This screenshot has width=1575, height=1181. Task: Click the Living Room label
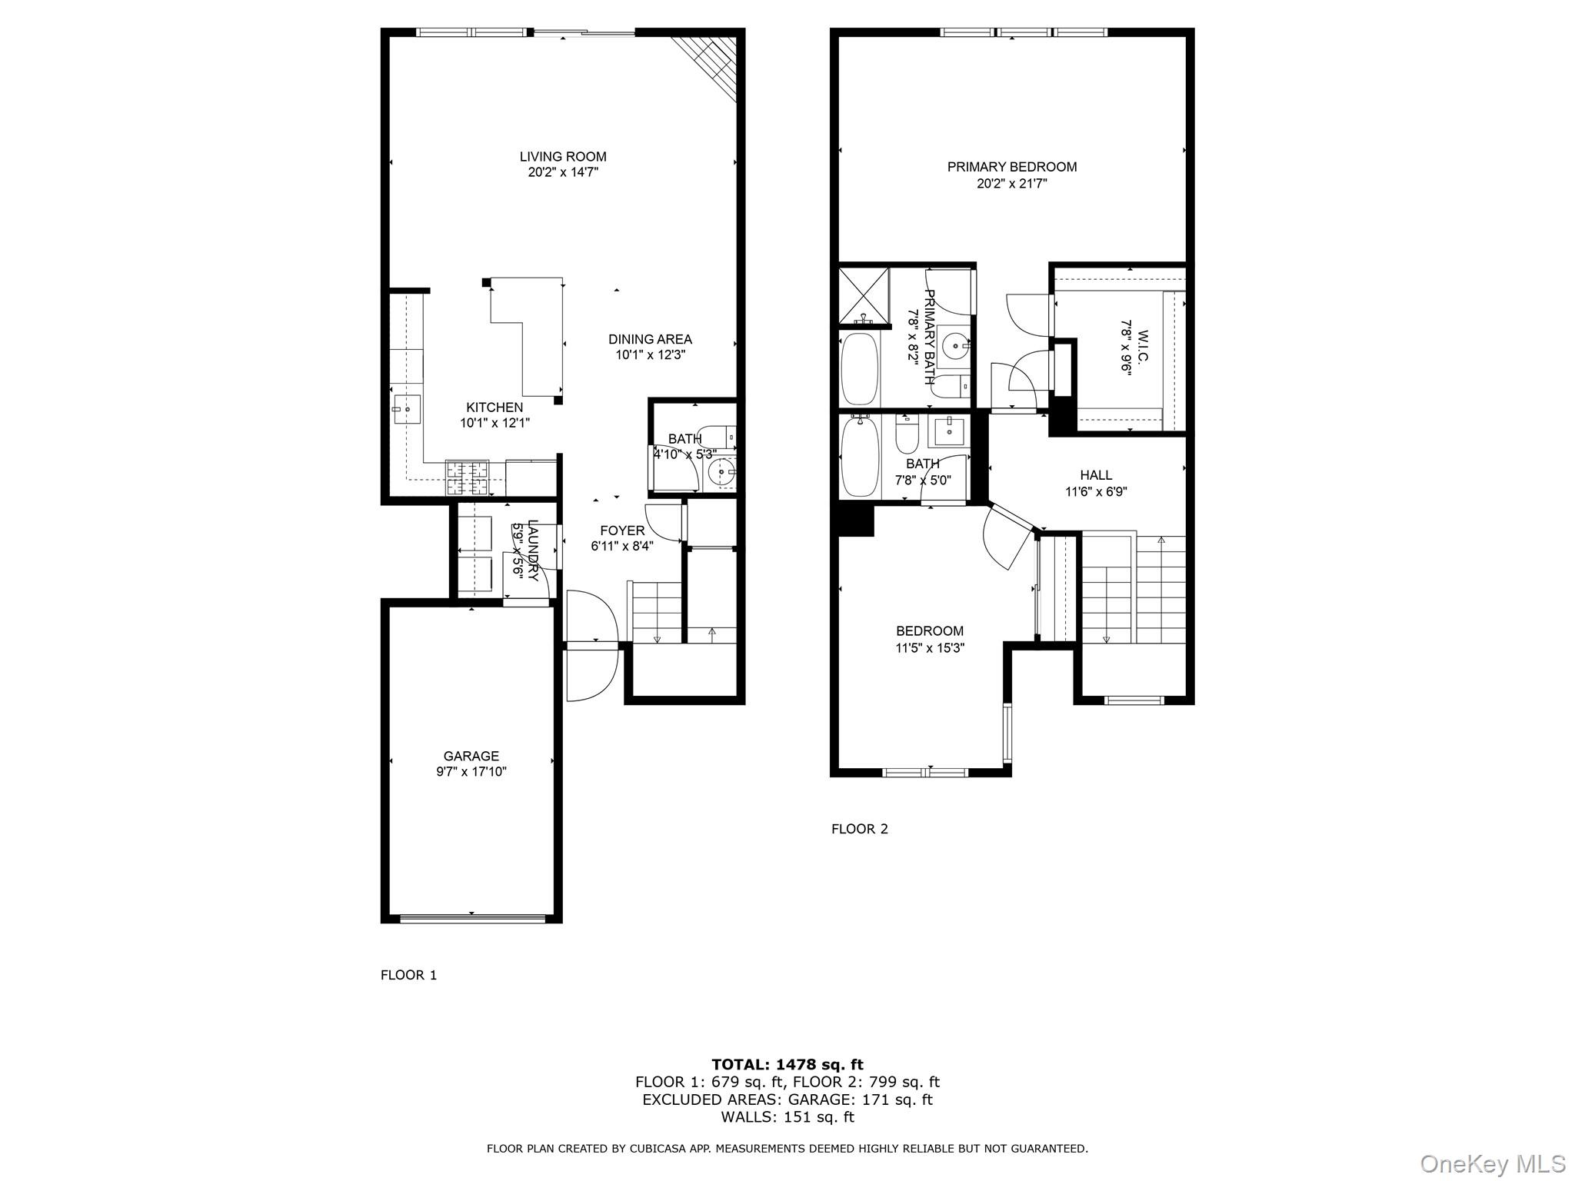click(563, 157)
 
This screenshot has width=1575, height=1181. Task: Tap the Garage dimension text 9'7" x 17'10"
click(471, 771)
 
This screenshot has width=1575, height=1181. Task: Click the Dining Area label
click(650, 339)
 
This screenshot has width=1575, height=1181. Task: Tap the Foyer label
click(622, 531)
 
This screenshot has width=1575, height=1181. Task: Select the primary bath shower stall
click(863, 294)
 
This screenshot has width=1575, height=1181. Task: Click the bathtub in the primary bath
click(859, 369)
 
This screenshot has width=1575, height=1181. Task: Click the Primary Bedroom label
click(1011, 167)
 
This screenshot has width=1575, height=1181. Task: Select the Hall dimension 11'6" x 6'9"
click(1096, 492)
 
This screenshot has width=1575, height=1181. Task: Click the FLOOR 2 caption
click(859, 829)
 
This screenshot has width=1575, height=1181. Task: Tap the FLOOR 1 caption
click(408, 975)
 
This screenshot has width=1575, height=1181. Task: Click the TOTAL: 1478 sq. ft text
click(787, 1064)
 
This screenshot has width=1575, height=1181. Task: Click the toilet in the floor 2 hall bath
click(907, 437)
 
